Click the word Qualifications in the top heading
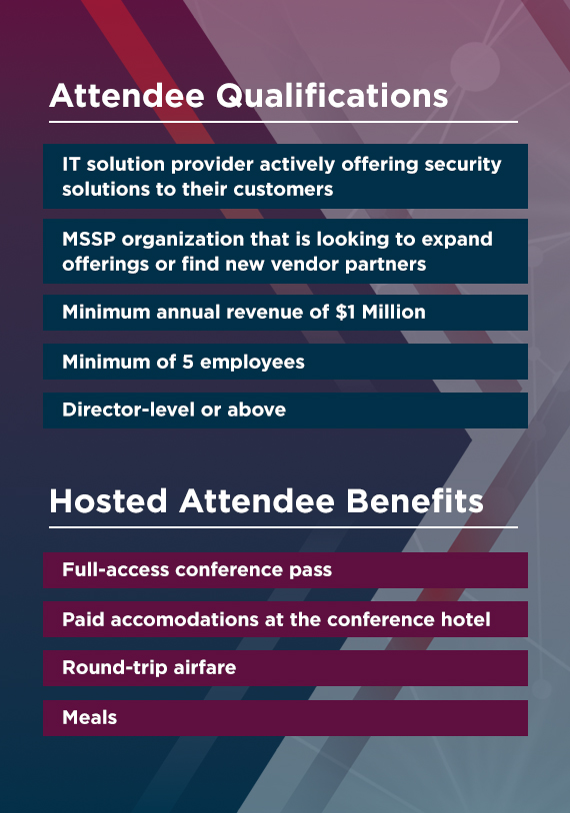click(332, 96)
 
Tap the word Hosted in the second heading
click(108, 500)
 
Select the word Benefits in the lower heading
click(415, 500)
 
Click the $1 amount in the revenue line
click(346, 312)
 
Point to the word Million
click(393, 312)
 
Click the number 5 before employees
click(187, 362)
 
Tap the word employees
click(252, 363)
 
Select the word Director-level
click(129, 409)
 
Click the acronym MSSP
click(89, 239)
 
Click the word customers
click(283, 189)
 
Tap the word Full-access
click(116, 569)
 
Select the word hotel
click(466, 619)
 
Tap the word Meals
click(89, 717)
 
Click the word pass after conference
click(310, 570)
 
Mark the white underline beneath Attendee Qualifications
click(283, 122)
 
